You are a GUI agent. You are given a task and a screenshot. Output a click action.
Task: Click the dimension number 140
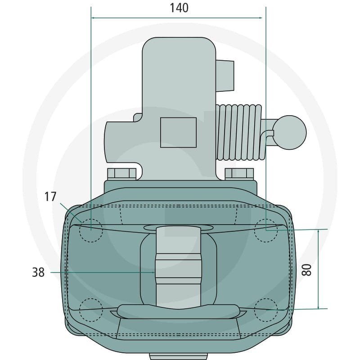click(x=179, y=8)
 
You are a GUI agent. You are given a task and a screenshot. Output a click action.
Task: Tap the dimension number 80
click(x=306, y=270)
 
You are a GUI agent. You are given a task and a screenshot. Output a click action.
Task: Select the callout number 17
click(x=50, y=197)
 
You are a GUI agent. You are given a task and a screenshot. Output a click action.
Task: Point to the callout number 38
click(x=38, y=272)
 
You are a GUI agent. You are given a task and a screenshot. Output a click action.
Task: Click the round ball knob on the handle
click(x=289, y=132)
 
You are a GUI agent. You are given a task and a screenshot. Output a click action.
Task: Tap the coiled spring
click(x=239, y=132)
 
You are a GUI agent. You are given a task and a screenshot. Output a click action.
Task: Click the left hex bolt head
click(x=121, y=174)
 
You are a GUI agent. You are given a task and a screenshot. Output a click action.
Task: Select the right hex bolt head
click(x=239, y=174)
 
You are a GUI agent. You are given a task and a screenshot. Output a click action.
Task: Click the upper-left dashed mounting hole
click(x=91, y=230)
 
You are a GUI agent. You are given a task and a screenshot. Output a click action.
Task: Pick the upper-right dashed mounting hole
click(x=266, y=230)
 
